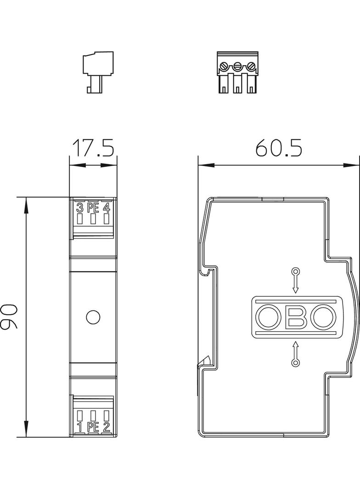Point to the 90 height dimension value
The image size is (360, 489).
(10, 317)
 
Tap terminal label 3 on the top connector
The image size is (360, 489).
(80, 208)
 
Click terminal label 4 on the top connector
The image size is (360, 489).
(107, 208)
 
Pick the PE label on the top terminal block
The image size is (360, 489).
(93, 208)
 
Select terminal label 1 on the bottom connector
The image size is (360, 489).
(80, 428)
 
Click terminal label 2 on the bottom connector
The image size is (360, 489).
(107, 428)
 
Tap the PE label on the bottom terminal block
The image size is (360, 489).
(93, 428)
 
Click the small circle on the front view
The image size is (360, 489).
(93, 317)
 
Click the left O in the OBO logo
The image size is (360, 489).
(266, 316)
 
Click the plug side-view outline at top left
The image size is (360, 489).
(97, 64)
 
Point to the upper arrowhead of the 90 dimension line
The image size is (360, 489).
(26, 202)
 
